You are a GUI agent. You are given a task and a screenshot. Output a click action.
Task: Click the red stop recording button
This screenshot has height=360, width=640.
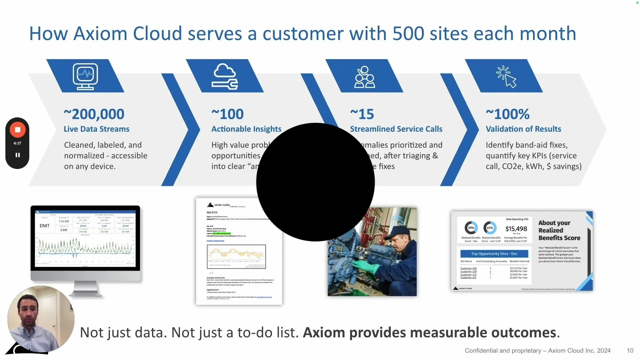click(x=18, y=130)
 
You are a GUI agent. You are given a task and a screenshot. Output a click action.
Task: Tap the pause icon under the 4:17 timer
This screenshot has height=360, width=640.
click(x=18, y=155)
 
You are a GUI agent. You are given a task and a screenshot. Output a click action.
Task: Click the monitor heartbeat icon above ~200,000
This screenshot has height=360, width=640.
click(x=85, y=76)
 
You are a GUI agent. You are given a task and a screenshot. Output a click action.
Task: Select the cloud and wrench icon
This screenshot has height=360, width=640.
click(x=225, y=77)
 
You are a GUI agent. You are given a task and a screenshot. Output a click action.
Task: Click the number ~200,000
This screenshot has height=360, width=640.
click(x=94, y=114)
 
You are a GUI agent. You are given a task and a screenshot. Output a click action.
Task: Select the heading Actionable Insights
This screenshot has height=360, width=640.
click(x=246, y=129)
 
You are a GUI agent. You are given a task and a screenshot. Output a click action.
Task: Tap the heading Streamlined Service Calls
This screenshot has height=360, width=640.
click(x=396, y=129)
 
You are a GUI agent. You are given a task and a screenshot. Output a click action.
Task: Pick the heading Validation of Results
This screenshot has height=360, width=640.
click(x=523, y=129)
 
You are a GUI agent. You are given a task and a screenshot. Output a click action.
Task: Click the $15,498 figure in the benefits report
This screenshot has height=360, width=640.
click(x=516, y=229)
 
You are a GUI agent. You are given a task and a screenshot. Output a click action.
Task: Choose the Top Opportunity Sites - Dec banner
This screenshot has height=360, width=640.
click(x=494, y=254)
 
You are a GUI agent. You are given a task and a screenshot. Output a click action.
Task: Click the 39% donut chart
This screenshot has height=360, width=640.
click(x=471, y=228)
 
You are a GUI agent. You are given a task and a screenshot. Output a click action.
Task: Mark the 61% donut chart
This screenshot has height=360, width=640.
click(x=490, y=228)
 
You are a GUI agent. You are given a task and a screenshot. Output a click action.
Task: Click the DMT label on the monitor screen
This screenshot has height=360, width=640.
click(x=45, y=226)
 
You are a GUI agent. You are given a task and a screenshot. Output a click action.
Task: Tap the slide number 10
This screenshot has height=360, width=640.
click(x=630, y=351)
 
